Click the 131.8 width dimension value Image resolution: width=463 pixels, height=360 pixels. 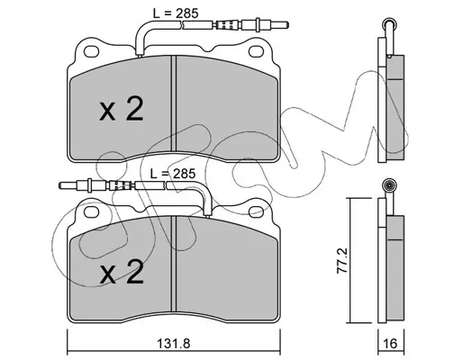174,344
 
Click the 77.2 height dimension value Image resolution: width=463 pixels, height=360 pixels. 342,260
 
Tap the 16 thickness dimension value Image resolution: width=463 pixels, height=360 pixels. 390,344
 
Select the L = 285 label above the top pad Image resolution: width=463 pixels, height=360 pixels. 176,13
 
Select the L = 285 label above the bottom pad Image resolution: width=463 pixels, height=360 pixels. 173,174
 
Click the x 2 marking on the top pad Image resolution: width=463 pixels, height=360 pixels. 122,109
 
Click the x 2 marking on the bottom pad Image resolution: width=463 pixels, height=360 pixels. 122,272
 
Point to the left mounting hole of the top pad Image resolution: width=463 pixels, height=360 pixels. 91,51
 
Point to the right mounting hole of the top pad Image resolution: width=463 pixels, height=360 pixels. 256,51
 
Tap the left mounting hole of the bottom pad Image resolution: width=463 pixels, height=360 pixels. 91,212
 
